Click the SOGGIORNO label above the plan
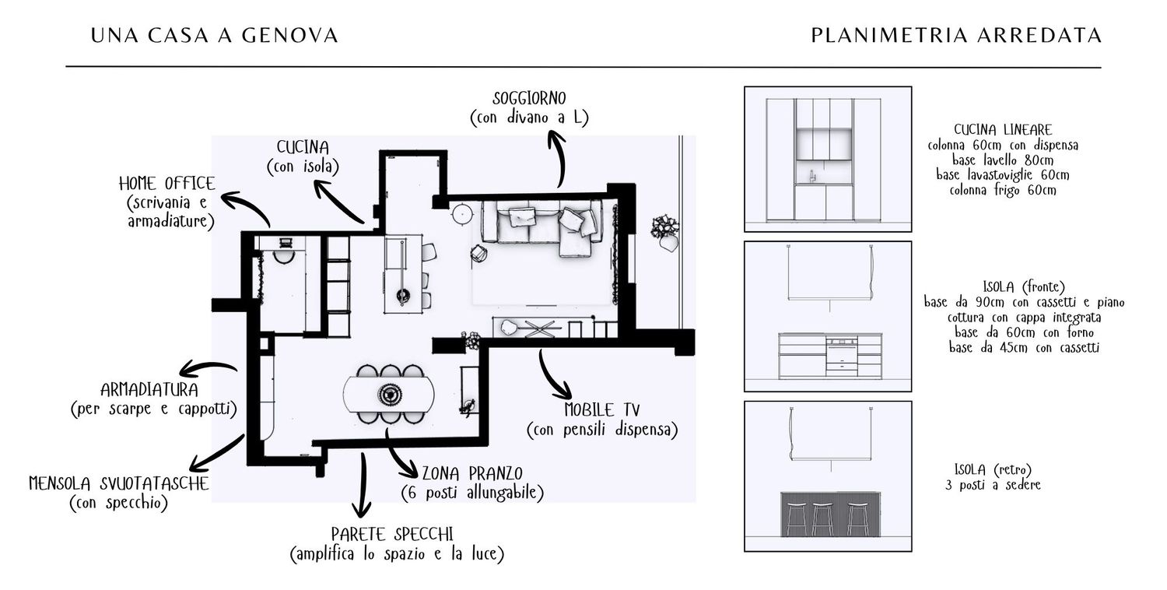click(x=529, y=99)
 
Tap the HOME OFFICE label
click(x=166, y=184)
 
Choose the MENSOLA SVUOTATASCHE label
click(x=118, y=483)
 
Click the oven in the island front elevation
click(x=842, y=356)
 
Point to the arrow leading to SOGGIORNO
click(x=559, y=160)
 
